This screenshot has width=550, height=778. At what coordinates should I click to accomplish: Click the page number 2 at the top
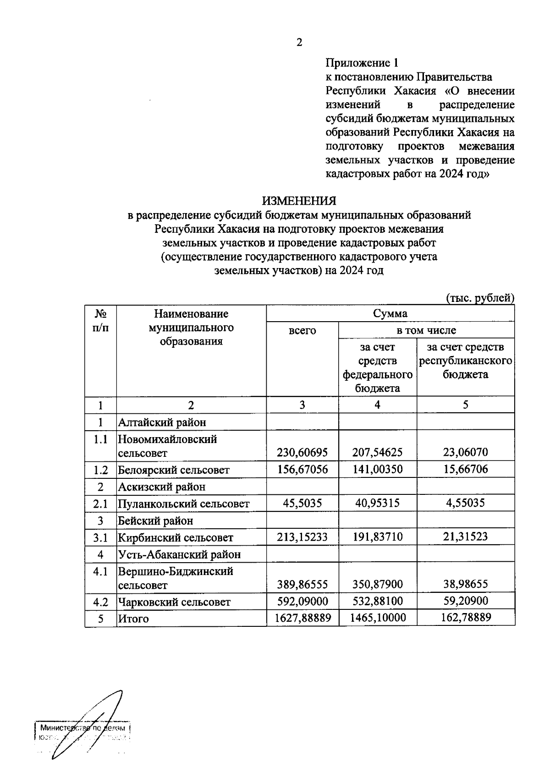[299, 43]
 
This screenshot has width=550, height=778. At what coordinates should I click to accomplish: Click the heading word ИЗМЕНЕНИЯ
[299, 201]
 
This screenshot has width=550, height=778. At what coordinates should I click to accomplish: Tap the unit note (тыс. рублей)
[480, 298]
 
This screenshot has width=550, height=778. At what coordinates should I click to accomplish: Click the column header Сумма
[390, 313]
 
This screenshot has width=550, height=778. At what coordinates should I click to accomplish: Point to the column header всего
[302, 330]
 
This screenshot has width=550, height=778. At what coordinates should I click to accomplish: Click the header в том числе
[426, 330]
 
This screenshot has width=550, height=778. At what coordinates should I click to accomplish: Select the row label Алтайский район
[162, 422]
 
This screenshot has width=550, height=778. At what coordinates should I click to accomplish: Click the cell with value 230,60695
[302, 453]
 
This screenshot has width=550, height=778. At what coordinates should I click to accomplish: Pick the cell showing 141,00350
[378, 470]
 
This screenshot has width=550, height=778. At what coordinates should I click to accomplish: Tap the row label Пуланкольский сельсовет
[183, 504]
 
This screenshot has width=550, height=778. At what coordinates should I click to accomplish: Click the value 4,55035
[465, 503]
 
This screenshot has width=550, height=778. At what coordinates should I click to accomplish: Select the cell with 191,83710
[378, 537]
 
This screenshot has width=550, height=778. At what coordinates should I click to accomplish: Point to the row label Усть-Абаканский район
[179, 554]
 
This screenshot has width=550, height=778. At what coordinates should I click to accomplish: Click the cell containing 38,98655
[465, 584]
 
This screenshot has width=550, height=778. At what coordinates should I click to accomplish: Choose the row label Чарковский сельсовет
[174, 602]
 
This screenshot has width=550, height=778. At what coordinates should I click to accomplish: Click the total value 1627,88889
[302, 618]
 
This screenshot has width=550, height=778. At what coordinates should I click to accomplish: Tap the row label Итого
[133, 619]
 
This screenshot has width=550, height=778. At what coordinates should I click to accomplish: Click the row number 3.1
[100, 537]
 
